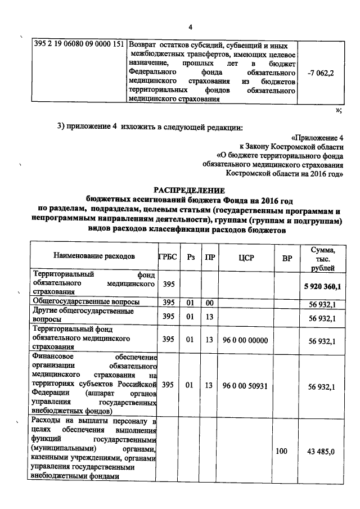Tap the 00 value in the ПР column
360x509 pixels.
click(209, 303)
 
